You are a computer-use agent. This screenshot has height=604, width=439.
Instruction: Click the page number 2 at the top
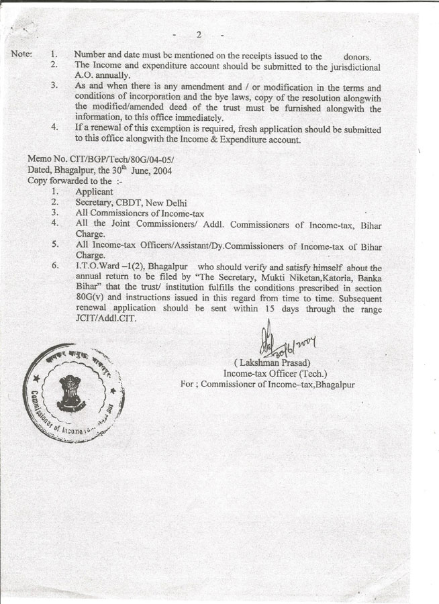pyautogui.click(x=199, y=36)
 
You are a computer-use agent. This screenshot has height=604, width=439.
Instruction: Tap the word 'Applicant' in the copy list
pyautogui.click(x=94, y=192)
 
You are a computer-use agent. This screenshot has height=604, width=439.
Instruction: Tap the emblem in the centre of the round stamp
pyautogui.click(x=69, y=392)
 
